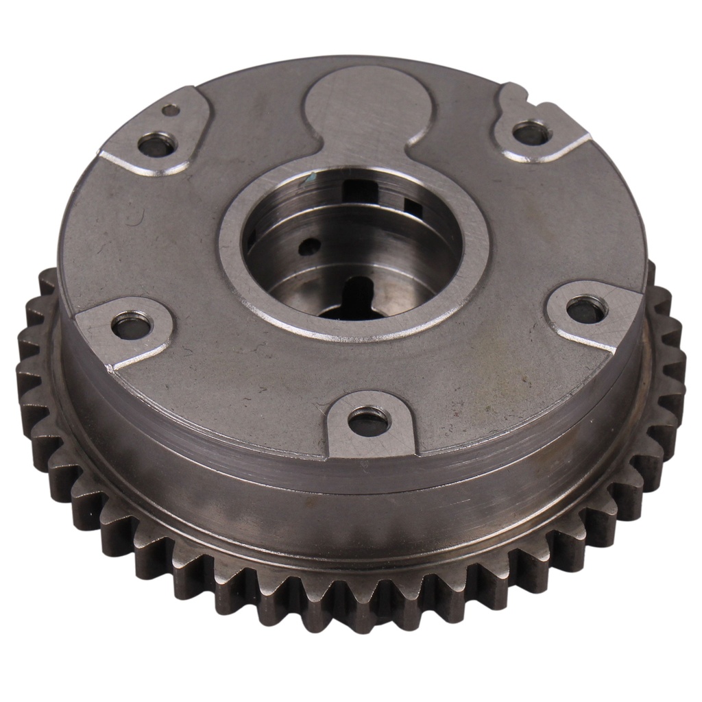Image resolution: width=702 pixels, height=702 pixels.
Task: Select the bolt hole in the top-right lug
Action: point(531,132)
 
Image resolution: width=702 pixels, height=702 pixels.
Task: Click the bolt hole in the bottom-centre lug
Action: point(368,420)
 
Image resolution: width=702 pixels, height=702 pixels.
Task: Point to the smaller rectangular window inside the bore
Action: point(414,206)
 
